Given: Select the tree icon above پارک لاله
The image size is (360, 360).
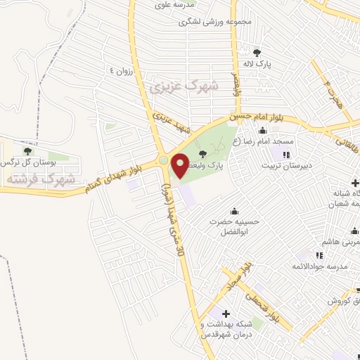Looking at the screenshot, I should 257,53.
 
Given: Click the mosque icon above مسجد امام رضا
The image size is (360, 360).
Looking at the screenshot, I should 262,130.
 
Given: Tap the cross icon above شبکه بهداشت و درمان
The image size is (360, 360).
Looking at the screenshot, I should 225,313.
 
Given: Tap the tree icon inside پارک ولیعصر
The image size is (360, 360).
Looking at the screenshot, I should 203,154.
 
